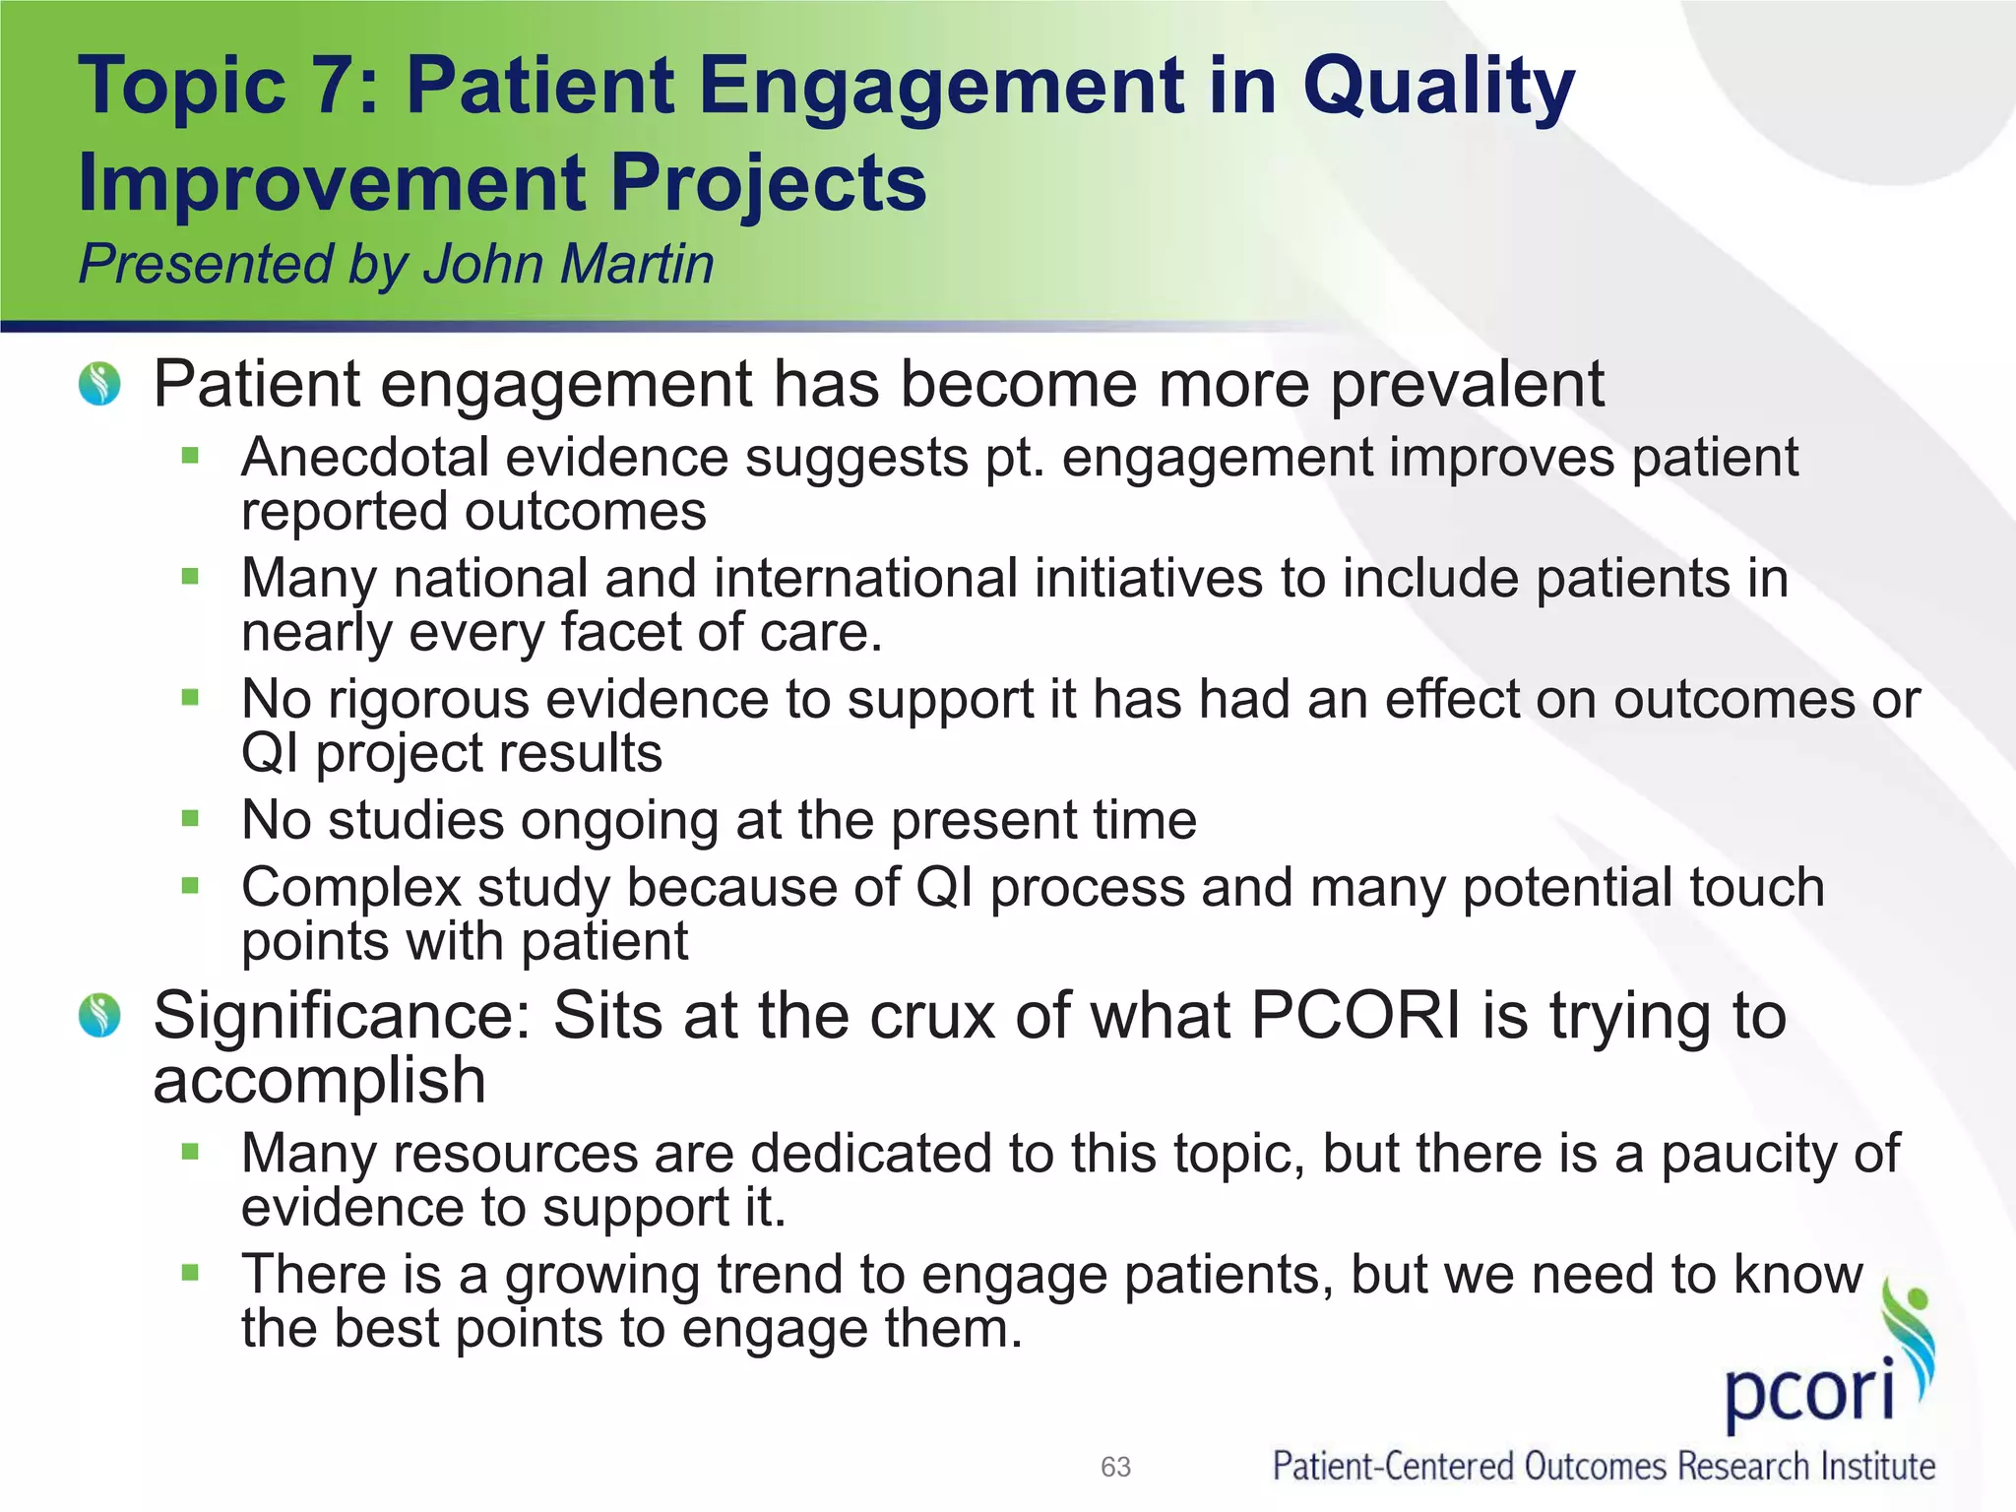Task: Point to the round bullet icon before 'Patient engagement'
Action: tap(99, 384)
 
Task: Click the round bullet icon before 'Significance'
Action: tap(99, 1016)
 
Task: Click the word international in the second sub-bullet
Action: tap(865, 578)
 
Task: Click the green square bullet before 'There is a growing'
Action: tap(190, 1273)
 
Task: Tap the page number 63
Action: tap(1115, 1468)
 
